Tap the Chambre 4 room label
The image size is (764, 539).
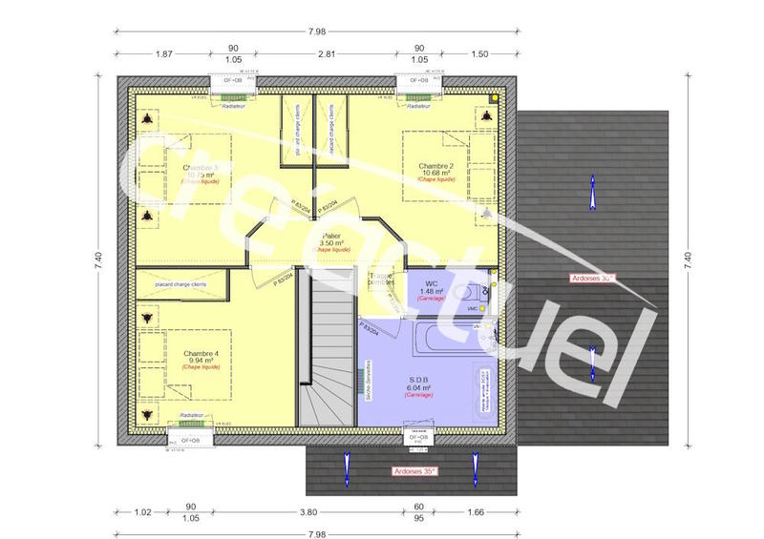tap(202, 354)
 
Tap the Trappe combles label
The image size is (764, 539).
tap(383, 279)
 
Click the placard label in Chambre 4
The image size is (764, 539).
tap(181, 284)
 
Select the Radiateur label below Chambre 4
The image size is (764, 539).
tap(194, 417)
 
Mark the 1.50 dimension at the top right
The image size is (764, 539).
tap(479, 55)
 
